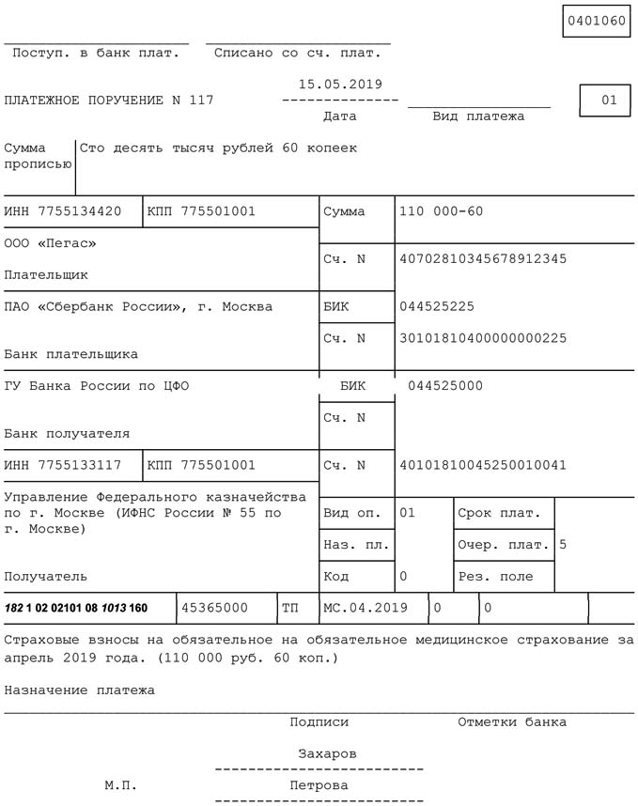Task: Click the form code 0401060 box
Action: click(596, 21)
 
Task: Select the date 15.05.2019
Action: click(340, 85)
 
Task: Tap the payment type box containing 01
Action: click(604, 101)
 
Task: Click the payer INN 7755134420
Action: click(63, 211)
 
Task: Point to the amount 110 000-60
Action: click(441, 211)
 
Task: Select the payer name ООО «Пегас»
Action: click(50, 244)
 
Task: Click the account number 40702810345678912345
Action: click(483, 259)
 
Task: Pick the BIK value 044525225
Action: click(437, 307)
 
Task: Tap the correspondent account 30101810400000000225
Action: click(483, 338)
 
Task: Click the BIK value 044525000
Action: click(445, 386)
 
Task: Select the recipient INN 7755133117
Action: click(63, 465)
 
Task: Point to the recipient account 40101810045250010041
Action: click(483, 465)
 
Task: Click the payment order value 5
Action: click(563, 544)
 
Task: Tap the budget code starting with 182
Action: click(76, 608)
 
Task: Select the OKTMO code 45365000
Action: click(214, 608)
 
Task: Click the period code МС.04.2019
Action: click(366, 608)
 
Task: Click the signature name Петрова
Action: click(319, 785)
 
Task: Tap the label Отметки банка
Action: click(512, 722)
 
